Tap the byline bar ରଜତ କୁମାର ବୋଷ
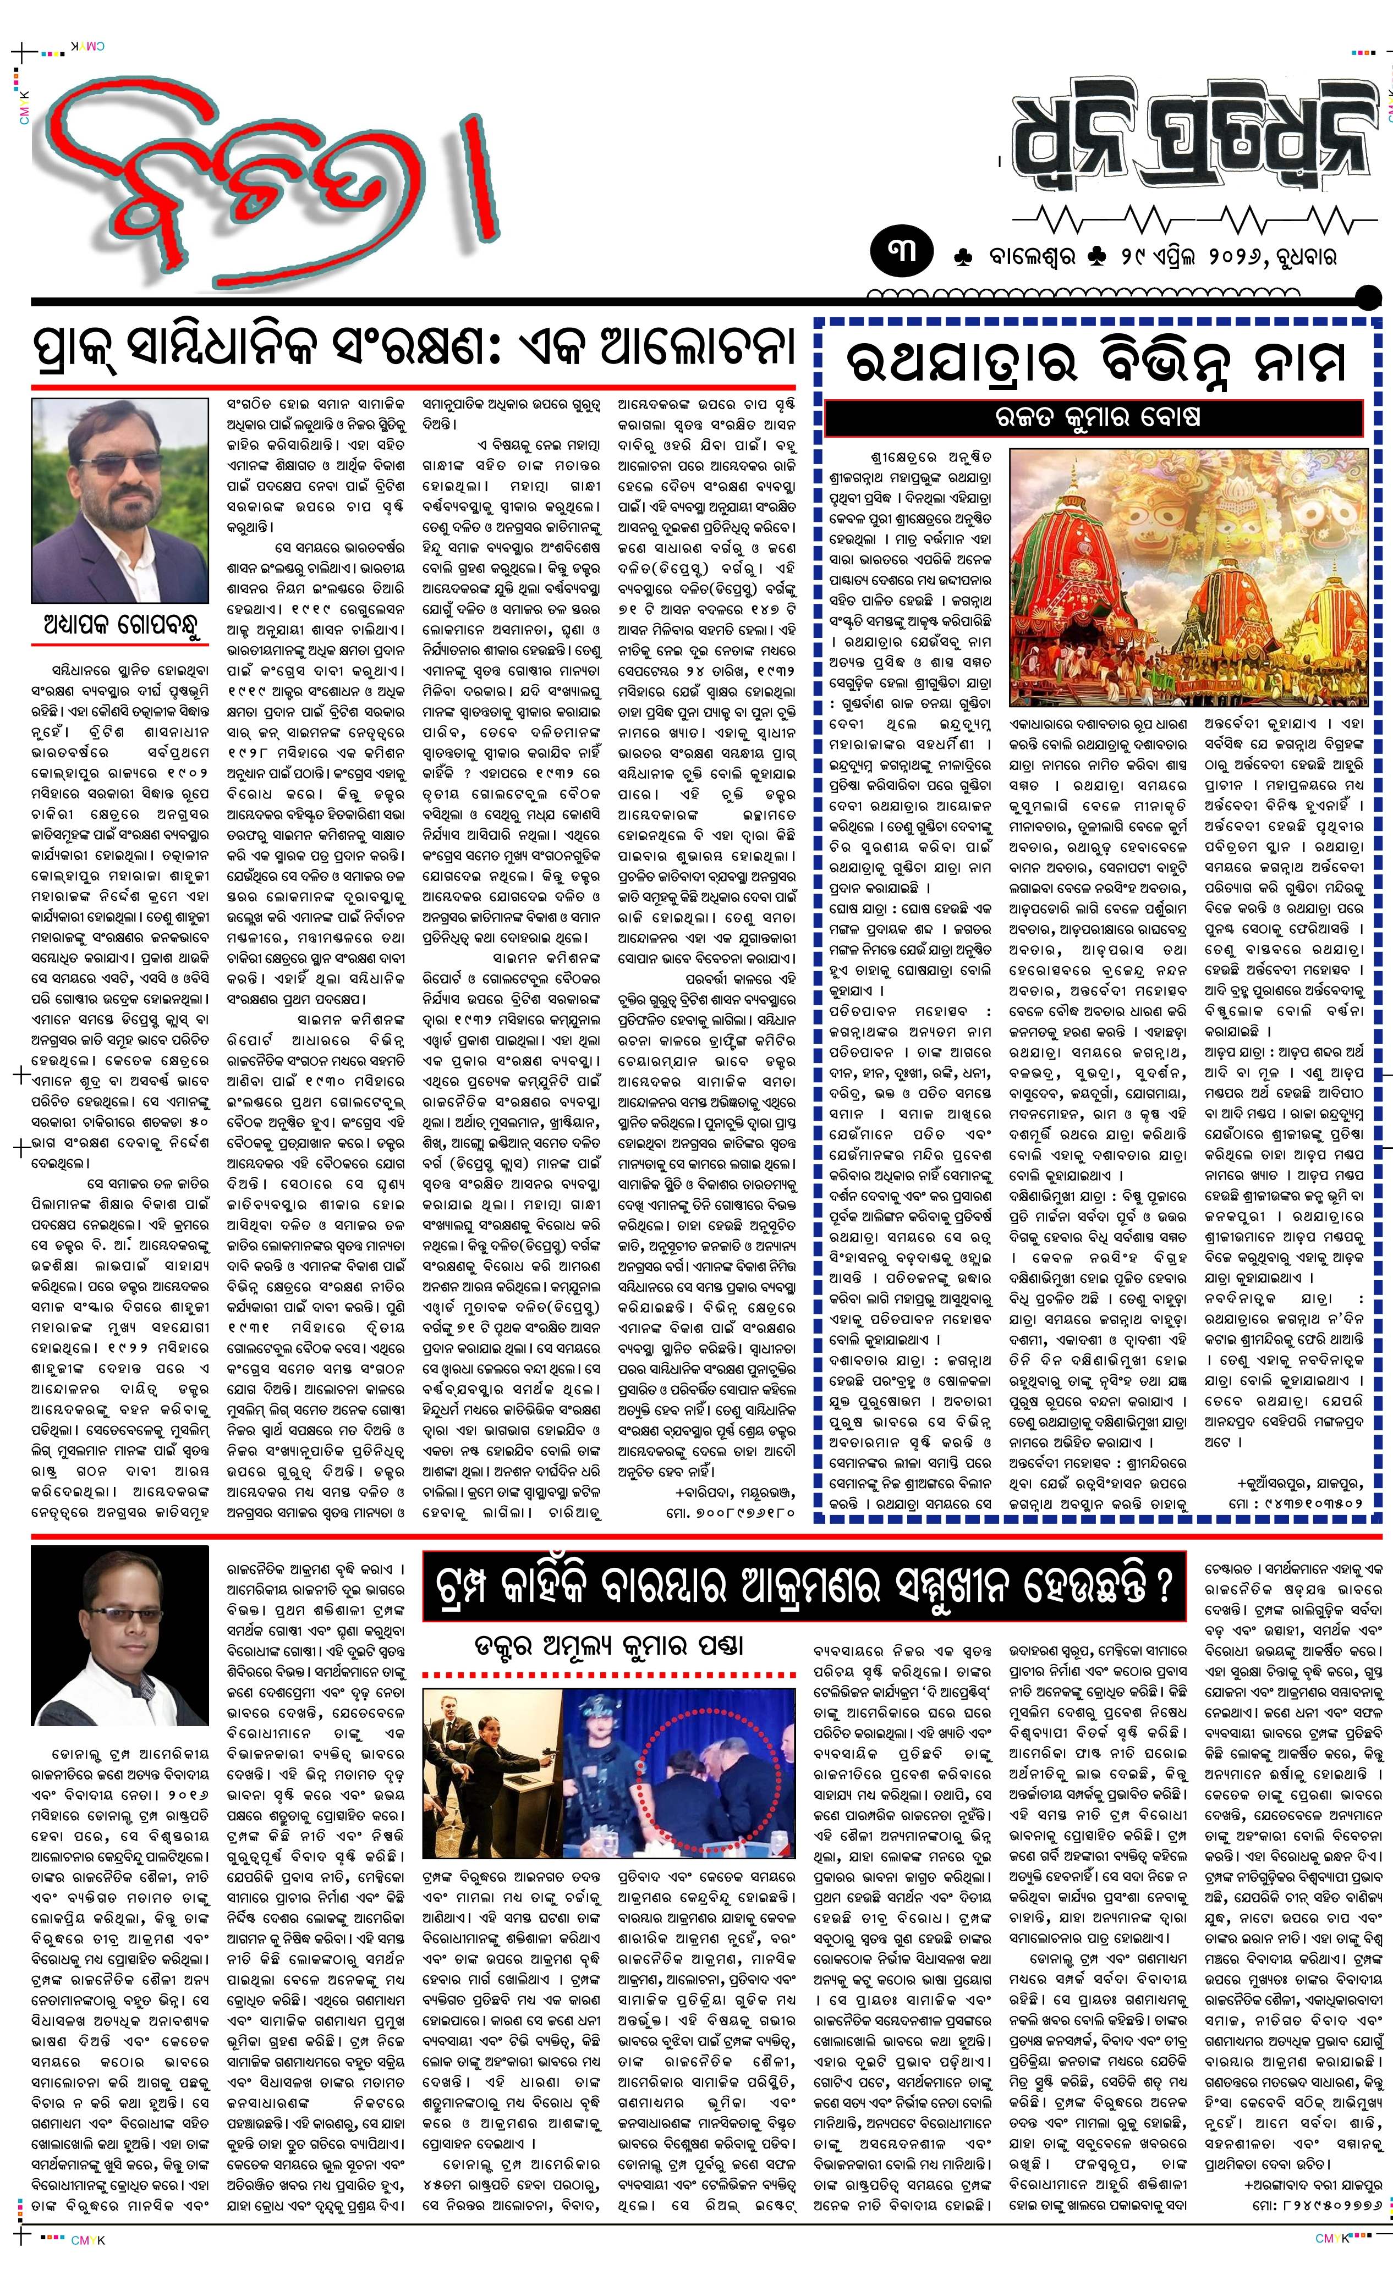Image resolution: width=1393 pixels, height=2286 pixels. point(1095,417)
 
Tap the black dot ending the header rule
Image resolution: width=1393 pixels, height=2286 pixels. point(1368,299)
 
